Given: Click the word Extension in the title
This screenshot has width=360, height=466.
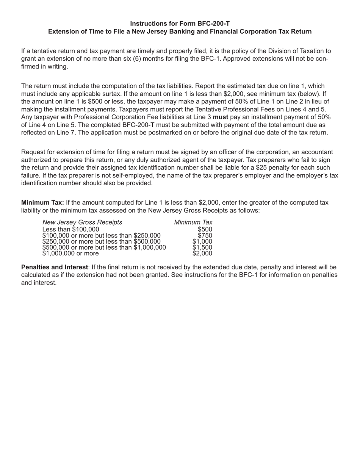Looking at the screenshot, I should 63,31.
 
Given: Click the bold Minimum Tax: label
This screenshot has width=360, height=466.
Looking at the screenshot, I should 42,203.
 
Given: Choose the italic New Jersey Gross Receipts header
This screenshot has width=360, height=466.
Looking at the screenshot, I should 82,222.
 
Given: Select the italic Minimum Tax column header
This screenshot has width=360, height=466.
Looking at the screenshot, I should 193,222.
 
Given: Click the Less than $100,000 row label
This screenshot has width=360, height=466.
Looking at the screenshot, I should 71,229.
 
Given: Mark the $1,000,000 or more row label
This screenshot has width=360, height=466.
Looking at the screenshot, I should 70,253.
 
